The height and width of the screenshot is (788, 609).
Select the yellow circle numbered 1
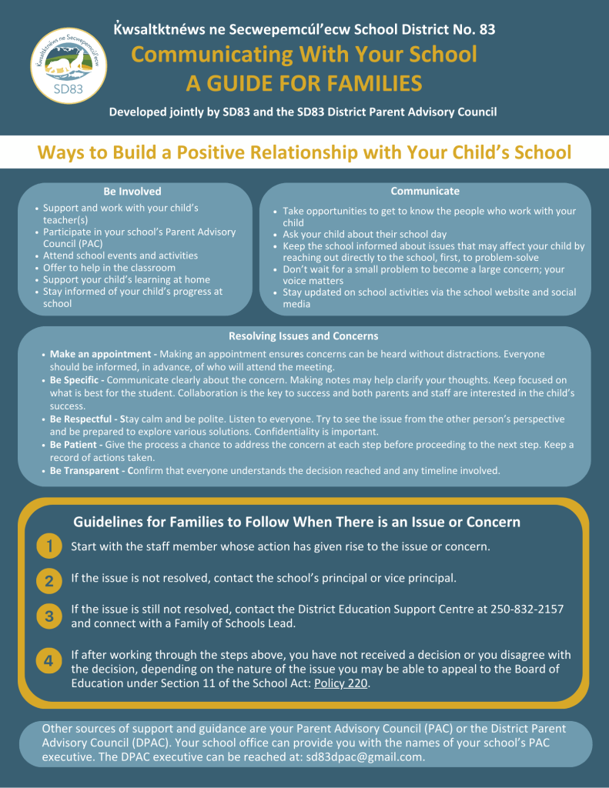pos(49,547)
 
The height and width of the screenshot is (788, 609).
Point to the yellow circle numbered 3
pos(49,616)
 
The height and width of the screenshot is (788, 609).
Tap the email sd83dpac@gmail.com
pos(364,756)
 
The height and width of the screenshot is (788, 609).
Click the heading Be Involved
pos(132,192)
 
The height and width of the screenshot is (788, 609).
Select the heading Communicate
pos(425,191)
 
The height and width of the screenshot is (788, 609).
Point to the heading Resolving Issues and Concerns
pos(303,336)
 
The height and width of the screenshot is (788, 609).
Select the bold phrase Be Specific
pos(75,380)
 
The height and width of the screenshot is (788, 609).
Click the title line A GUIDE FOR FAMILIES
pos(303,83)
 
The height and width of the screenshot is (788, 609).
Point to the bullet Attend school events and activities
pos(120,255)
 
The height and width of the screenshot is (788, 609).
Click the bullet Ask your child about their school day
pos(375,234)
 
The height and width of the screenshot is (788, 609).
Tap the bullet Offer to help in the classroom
pos(111,267)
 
